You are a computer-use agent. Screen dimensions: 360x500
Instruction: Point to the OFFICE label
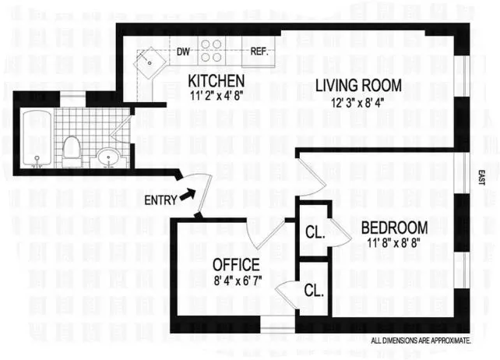[x=235, y=266]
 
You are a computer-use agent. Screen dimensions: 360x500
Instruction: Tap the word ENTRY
[x=160, y=200]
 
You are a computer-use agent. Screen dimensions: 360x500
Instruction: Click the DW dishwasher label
[x=184, y=52]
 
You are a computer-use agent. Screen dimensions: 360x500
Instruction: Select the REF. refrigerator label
[x=259, y=52]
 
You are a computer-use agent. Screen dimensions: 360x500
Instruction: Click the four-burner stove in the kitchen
[x=212, y=51]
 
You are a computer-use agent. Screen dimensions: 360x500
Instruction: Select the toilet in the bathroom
[x=72, y=150]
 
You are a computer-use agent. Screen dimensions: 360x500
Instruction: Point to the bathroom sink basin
[x=109, y=158]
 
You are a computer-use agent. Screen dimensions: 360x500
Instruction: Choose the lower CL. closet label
[x=313, y=291]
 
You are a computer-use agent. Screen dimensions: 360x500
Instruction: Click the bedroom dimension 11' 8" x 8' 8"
[x=394, y=242]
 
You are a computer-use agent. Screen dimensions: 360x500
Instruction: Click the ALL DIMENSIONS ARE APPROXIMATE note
[x=421, y=341]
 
